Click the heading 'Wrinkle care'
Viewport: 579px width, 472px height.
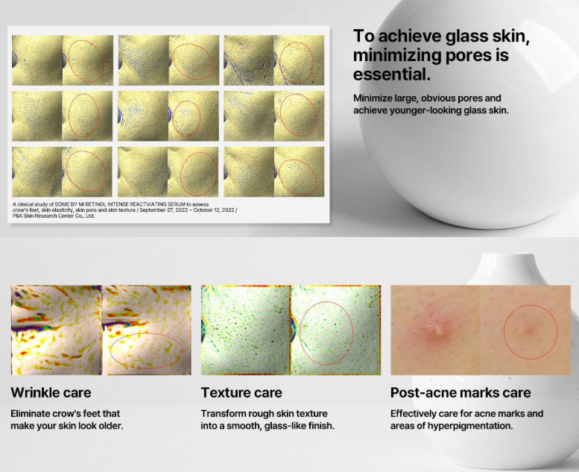point(51,392)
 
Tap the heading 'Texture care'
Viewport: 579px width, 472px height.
point(241,392)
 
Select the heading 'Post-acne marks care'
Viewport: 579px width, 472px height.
point(461,392)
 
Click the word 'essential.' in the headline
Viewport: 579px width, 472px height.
point(392,75)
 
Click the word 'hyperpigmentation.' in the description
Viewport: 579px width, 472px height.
point(470,427)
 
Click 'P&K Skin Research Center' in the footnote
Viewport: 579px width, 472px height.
point(47,215)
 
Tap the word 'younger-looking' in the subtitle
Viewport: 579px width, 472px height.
point(426,110)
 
